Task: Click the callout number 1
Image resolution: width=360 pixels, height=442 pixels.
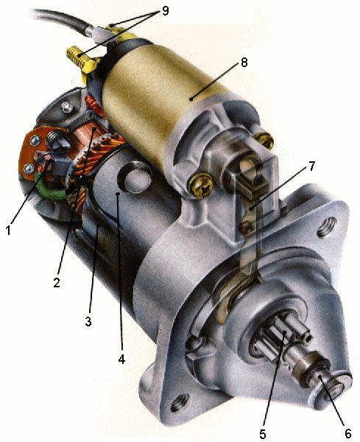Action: click(x=8, y=230)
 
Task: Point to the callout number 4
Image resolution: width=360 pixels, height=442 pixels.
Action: click(x=121, y=360)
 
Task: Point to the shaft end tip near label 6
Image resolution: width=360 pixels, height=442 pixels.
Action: click(x=324, y=382)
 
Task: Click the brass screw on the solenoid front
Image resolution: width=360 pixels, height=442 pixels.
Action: click(x=200, y=178)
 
